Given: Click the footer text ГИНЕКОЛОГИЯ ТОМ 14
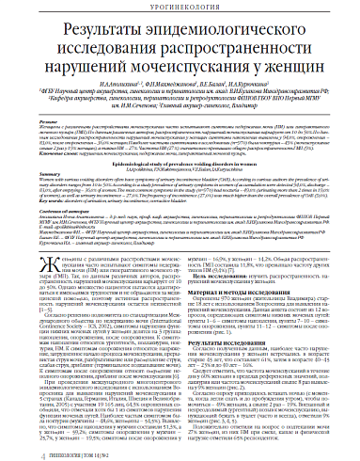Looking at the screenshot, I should click(55, 452).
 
